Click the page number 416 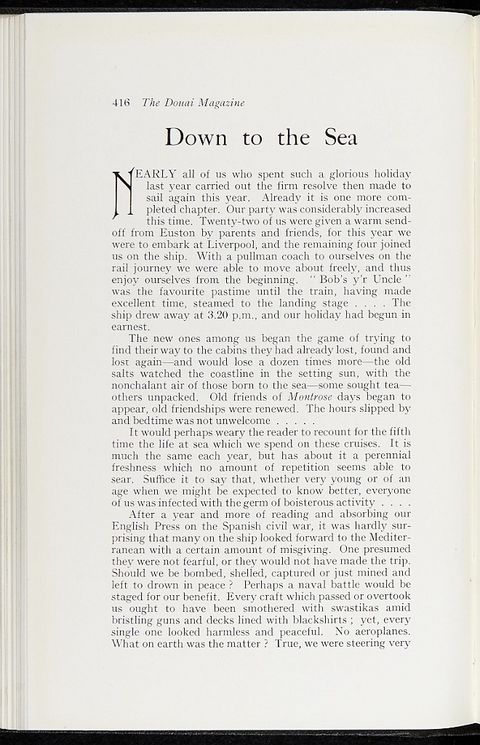tap(121, 103)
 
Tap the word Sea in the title tap(341, 137)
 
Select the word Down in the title tap(196, 137)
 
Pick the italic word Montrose tap(308, 397)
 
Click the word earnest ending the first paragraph tap(132, 326)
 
